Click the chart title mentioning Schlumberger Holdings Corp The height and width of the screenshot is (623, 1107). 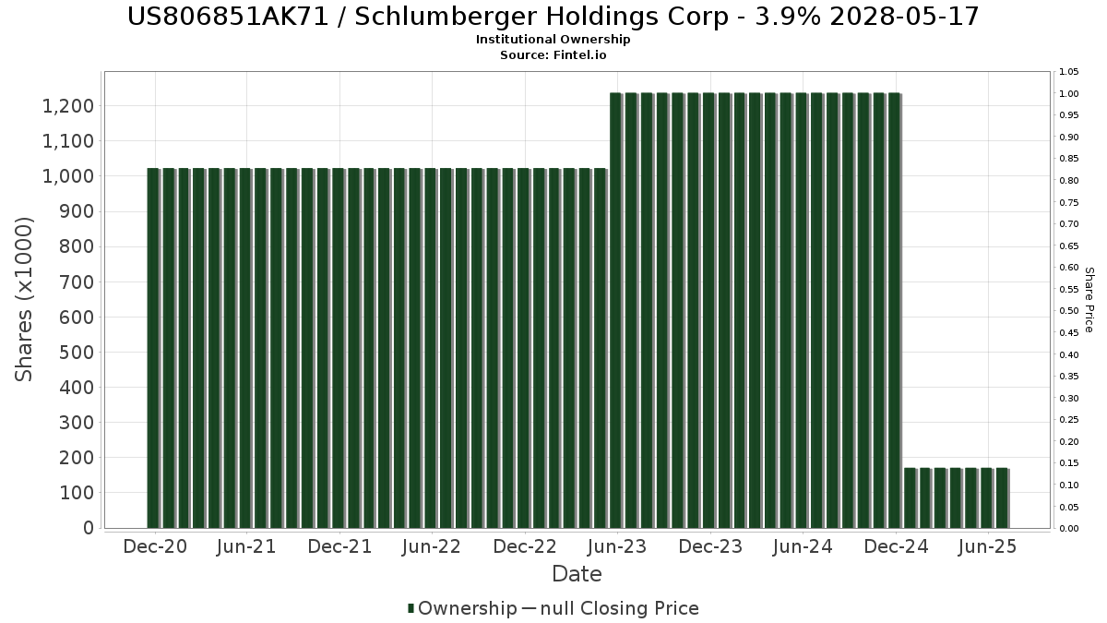point(553,17)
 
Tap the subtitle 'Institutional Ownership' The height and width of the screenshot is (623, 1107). point(553,40)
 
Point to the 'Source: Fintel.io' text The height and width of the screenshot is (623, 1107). point(553,55)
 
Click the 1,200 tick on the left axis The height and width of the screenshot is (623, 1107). point(67,106)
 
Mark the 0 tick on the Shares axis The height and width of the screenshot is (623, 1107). point(88,528)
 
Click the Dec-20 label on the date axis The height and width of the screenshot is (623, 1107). point(155,546)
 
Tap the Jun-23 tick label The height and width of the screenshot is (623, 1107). point(616,546)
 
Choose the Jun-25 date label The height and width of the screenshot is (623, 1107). point(988,546)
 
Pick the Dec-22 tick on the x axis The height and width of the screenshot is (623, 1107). point(524,546)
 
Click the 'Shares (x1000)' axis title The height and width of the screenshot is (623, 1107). point(25,299)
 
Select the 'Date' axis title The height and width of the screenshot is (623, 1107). point(577,574)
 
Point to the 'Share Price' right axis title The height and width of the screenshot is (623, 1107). point(1089,299)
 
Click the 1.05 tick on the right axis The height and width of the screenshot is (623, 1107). point(1068,72)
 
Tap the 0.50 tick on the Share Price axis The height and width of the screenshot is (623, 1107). point(1068,311)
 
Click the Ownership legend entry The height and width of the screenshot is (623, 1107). point(462,608)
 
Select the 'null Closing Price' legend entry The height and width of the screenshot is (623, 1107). point(619,608)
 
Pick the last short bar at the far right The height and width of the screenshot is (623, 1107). point(1002,498)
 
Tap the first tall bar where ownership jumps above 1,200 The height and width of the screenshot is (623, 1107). point(616,310)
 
